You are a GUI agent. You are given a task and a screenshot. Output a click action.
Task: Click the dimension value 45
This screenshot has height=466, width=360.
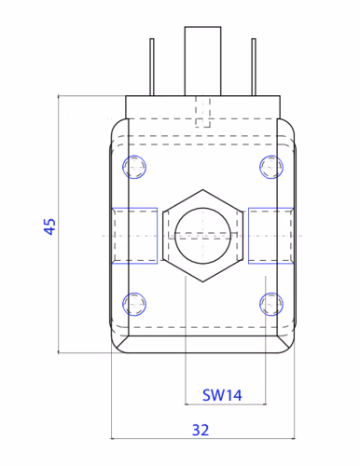49,226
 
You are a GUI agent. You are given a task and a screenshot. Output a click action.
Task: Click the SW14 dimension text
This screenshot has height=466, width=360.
222,395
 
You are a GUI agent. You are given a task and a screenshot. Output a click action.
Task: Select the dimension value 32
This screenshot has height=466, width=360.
201,431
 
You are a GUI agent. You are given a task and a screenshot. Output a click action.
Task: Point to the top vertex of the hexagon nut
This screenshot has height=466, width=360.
203,189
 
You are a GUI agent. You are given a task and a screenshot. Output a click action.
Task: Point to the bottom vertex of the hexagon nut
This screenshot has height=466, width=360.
203,281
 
